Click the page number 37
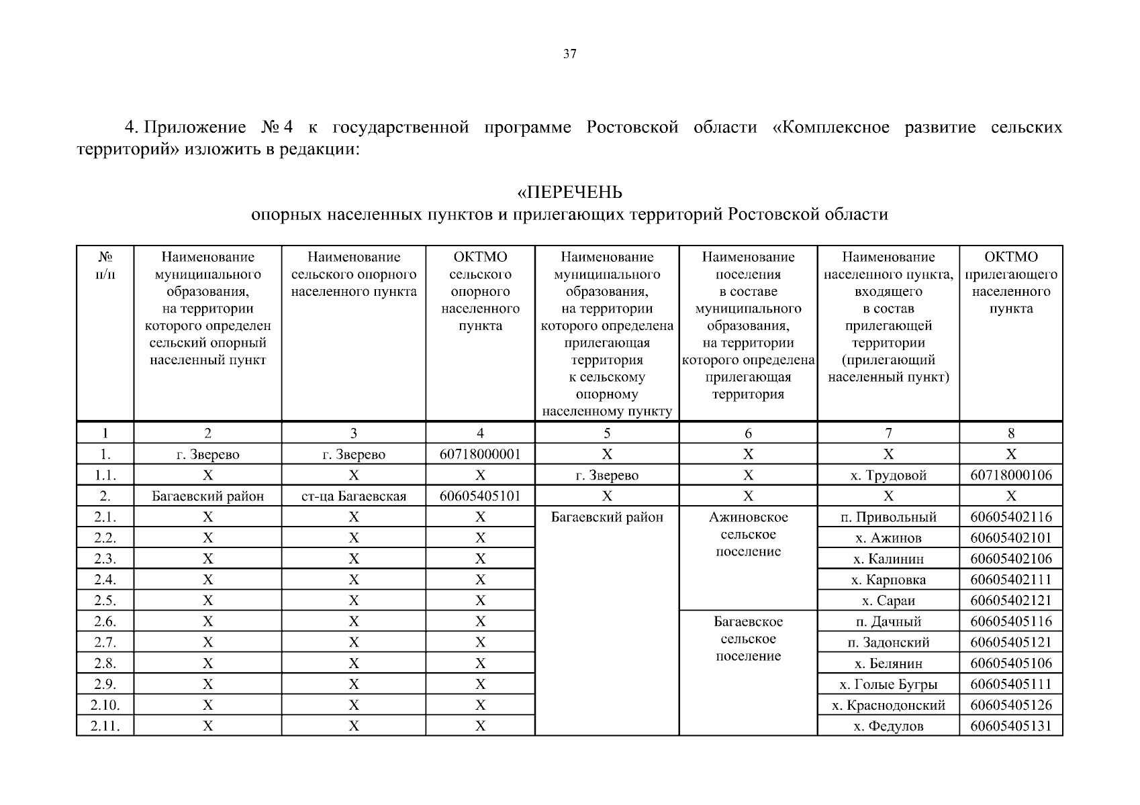pyautogui.click(x=569, y=54)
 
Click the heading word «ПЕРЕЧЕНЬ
pyautogui.click(x=569, y=193)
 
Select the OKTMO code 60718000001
pyautogui.click(x=480, y=454)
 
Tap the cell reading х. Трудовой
pyautogui.click(x=888, y=476)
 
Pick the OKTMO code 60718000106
pyautogui.click(x=1010, y=476)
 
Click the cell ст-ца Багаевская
pyautogui.click(x=353, y=496)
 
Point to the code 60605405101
pyautogui.click(x=480, y=496)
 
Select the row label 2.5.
pyautogui.click(x=105, y=600)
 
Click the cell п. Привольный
pyautogui.click(x=888, y=517)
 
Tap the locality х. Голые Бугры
pyautogui.click(x=888, y=684)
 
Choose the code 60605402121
pyautogui.click(x=1010, y=600)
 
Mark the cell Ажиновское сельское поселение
pyautogui.click(x=748, y=535)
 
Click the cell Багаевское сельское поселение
pyautogui.click(x=748, y=639)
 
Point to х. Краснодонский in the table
pyautogui.click(x=888, y=705)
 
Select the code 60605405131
pyautogui.click(x=1010, y=726)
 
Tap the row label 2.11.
pyautogui.click(x=105, y=726)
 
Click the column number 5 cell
pyautogui.click(x=607, y=433)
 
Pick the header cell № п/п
pyautogui.click(x=105, y=266)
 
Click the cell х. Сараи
pyautogui.click(x=888, y=600)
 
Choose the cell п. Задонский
pyautogui.click(x=888, y=643)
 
